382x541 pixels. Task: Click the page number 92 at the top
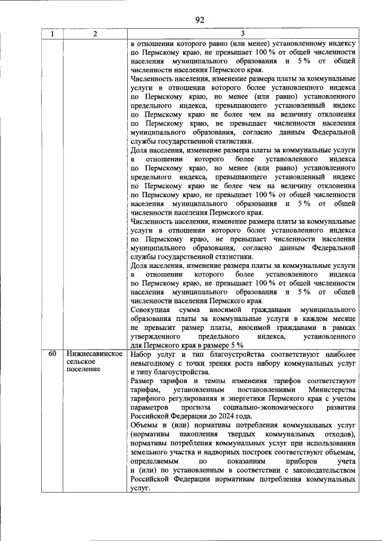[x=199, y=20]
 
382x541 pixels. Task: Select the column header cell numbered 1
[x=52, y=34]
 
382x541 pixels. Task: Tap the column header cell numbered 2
[x=95, y=34]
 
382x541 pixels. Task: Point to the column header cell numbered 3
[x=242, y=34]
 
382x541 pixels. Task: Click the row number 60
[x=52, y=354]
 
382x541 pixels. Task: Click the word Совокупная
[x=150, y=311]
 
